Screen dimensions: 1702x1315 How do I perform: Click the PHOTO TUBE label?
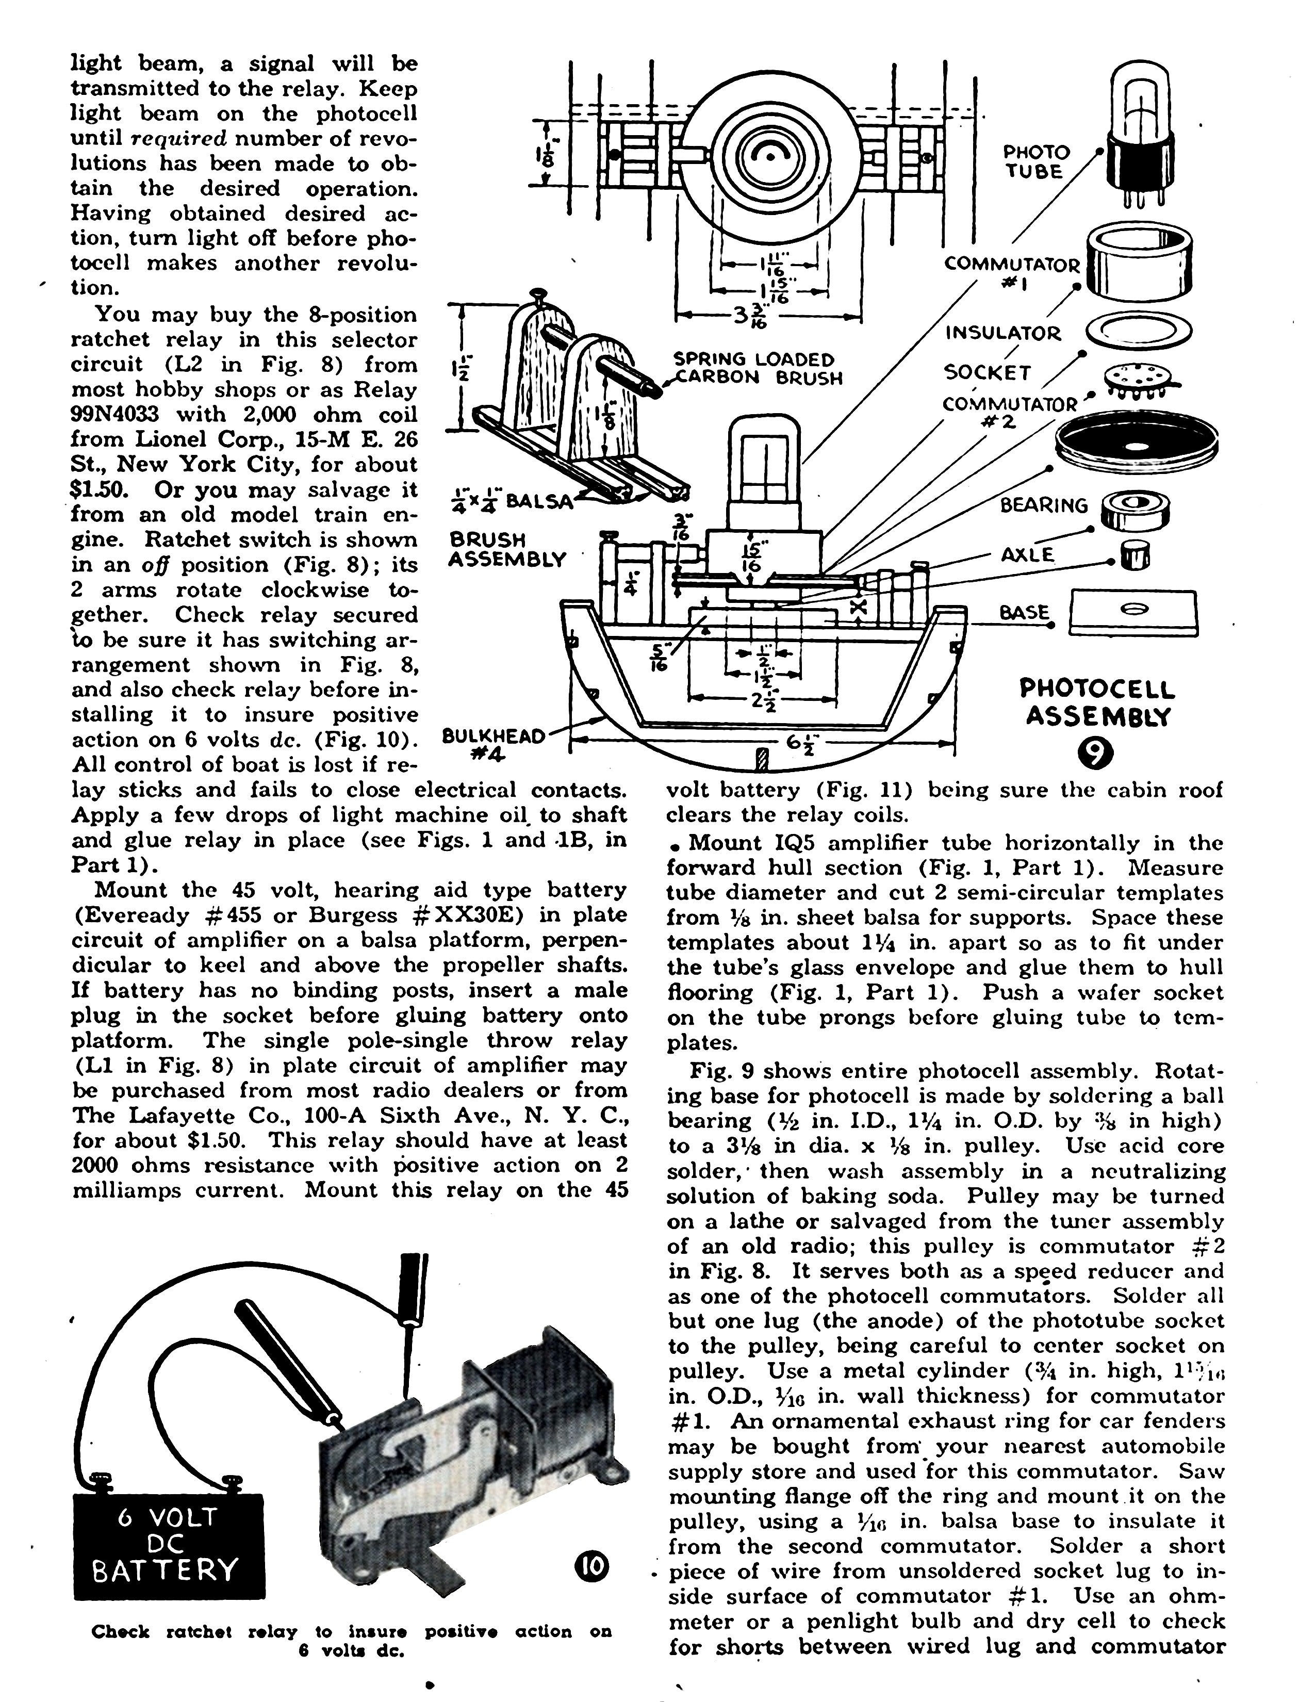(1036, 162)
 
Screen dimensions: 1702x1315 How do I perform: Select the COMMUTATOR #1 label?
(1012, 273)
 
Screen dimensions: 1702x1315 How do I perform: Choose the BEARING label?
(1044, 506)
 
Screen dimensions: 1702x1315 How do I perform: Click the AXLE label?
(1027, 555)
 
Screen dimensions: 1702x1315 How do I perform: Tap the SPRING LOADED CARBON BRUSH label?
(755, 369)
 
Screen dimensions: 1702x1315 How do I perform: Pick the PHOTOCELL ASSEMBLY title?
(1097, 701)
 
